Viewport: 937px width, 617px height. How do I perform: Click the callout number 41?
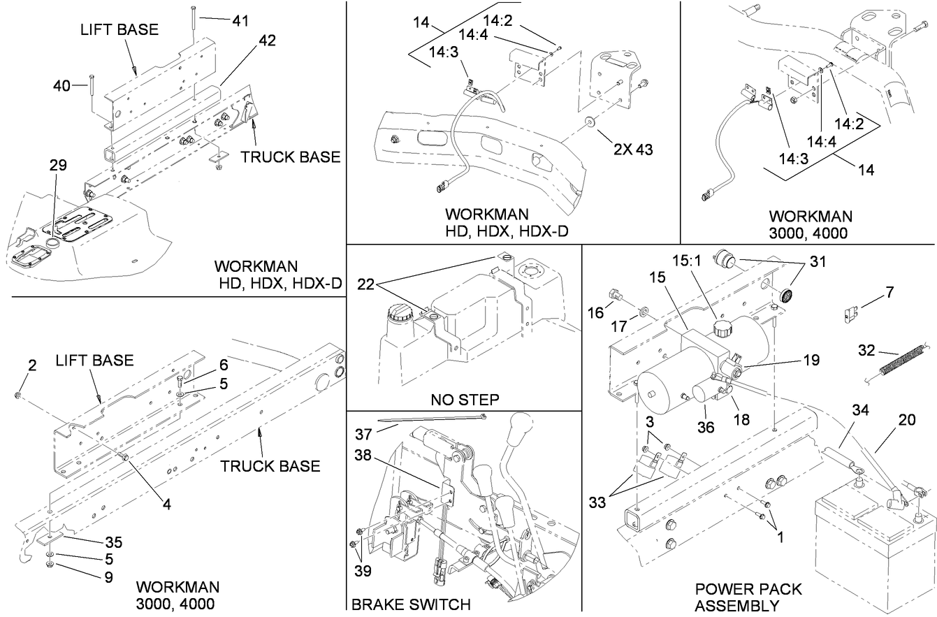click(240, 21)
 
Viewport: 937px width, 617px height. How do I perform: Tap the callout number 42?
click(266, 40)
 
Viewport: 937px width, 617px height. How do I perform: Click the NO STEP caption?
click(464, 399)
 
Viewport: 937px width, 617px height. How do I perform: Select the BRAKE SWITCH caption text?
click(411, 604)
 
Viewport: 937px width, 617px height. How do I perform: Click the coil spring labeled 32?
click(897, 361)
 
